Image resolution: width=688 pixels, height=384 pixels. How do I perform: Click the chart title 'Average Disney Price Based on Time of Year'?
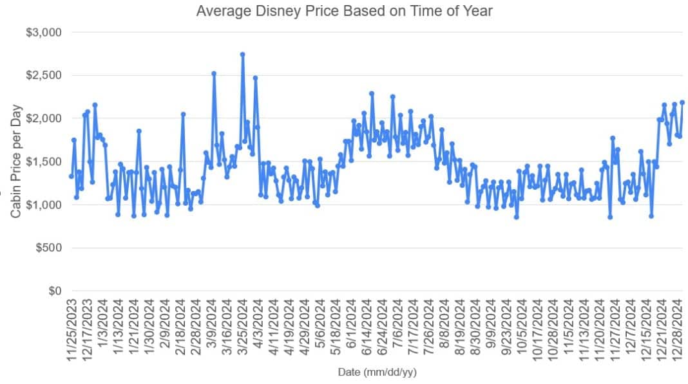(344, 11)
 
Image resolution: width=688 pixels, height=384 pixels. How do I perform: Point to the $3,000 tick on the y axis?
(43, 32)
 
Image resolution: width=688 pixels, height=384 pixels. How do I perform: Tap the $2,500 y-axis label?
(43, 75)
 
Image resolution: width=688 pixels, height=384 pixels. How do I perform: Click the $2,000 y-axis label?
(43, 118)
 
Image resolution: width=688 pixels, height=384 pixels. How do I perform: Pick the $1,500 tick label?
(43, 161)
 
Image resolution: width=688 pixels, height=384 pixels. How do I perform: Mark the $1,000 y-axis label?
(43, 205)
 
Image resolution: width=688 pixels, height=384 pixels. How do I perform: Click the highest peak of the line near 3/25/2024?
(242, 55)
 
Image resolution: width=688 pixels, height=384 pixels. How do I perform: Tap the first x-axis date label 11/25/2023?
(72, 328)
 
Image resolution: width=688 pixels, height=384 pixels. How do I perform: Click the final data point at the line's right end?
(682, 102)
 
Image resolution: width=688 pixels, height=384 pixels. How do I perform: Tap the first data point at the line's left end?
(72, 176)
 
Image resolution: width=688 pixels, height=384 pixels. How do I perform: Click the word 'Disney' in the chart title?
(262, 11)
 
